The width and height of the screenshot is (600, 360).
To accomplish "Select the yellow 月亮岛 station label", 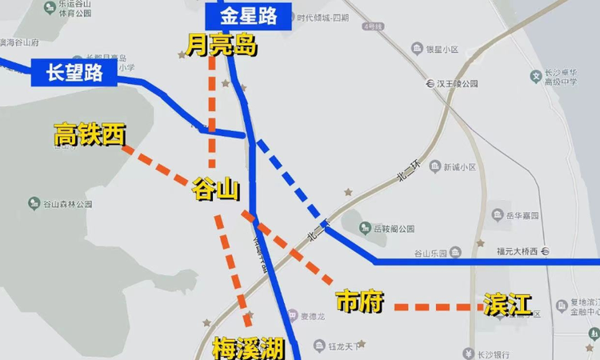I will [221, 45].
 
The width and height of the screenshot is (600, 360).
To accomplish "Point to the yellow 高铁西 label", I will [90, 135].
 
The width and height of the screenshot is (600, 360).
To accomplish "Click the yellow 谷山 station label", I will [216, 190].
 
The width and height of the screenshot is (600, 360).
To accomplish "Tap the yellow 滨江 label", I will [507, 304].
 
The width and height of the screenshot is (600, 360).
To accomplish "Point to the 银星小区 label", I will [441, 50].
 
